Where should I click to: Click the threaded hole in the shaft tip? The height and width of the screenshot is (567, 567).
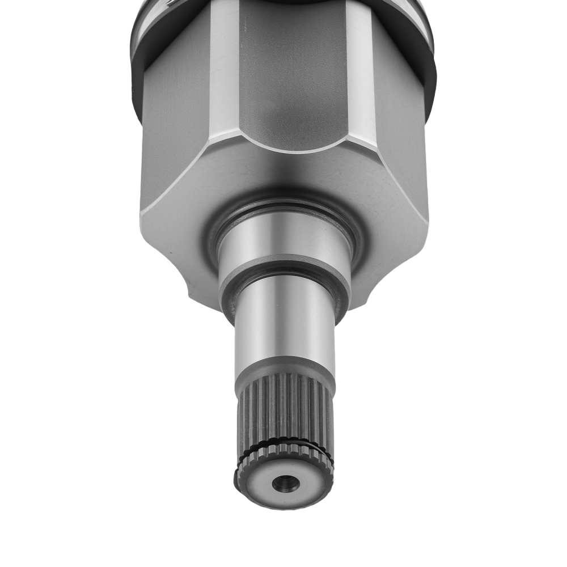click(286, 483)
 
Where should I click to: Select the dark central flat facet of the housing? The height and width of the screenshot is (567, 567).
click(292, 74)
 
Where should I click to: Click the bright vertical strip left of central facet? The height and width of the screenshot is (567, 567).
click(224, 68)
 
